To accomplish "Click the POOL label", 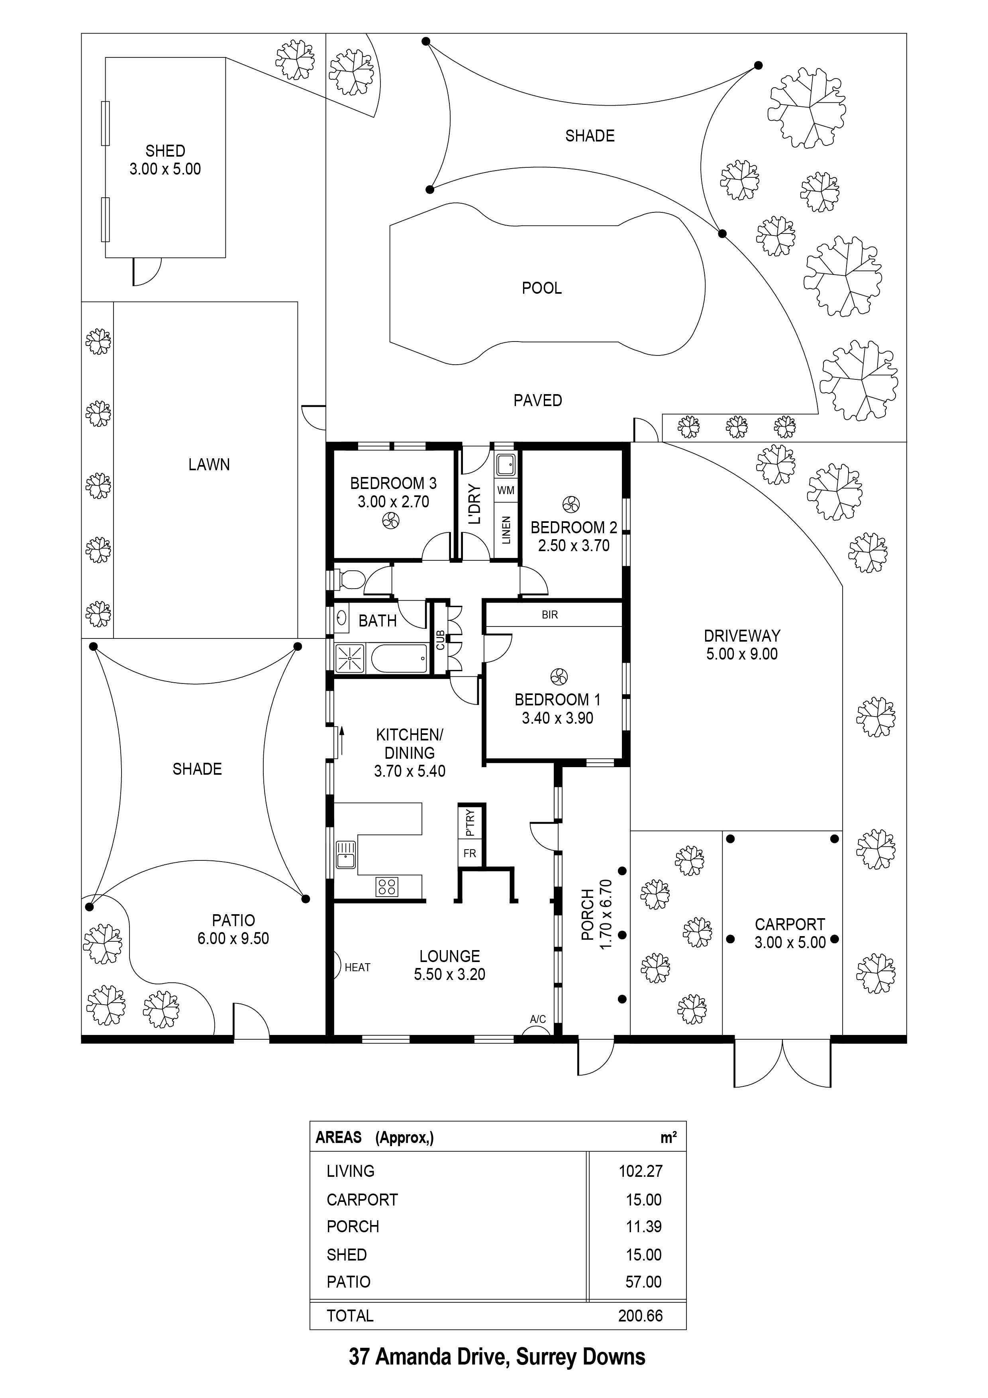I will [541, 288].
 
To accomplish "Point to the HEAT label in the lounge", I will [357, 968].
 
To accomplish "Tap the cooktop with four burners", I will [387, 887].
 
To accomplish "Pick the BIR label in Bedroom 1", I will [550, 615].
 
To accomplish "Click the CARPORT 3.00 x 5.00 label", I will [790, 933].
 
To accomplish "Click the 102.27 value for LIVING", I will [640, 1171].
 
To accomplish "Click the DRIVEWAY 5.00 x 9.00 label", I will [741, 645].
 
